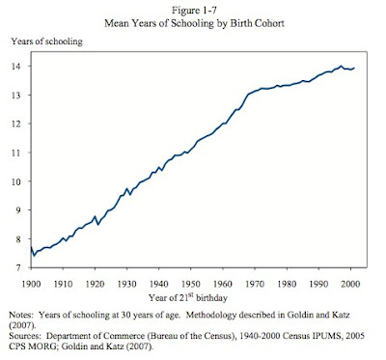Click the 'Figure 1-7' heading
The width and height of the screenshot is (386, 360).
point(194,11)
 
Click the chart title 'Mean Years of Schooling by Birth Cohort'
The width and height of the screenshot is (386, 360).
point(194,23)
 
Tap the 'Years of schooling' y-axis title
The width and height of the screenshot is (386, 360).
point(47,42)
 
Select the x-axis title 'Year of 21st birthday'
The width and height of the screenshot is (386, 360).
point(188,297)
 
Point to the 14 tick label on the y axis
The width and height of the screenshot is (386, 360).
point(16,67)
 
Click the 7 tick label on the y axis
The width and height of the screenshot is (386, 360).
point(18,267)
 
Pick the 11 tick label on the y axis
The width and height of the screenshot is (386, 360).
point(16,152)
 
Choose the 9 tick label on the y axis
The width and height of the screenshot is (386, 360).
point(18,210)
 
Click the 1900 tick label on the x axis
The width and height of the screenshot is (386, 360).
point(31,284)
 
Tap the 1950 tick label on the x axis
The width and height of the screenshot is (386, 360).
point(191,284)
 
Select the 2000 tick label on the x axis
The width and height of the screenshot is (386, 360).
point(350,284)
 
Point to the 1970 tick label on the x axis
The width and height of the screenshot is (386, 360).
point(255,284)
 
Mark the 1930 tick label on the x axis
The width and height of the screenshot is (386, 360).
point(127,284)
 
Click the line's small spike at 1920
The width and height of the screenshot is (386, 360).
point(95,217)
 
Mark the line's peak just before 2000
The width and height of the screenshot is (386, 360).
point(341,66)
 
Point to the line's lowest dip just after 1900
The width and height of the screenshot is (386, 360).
point(34,256)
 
